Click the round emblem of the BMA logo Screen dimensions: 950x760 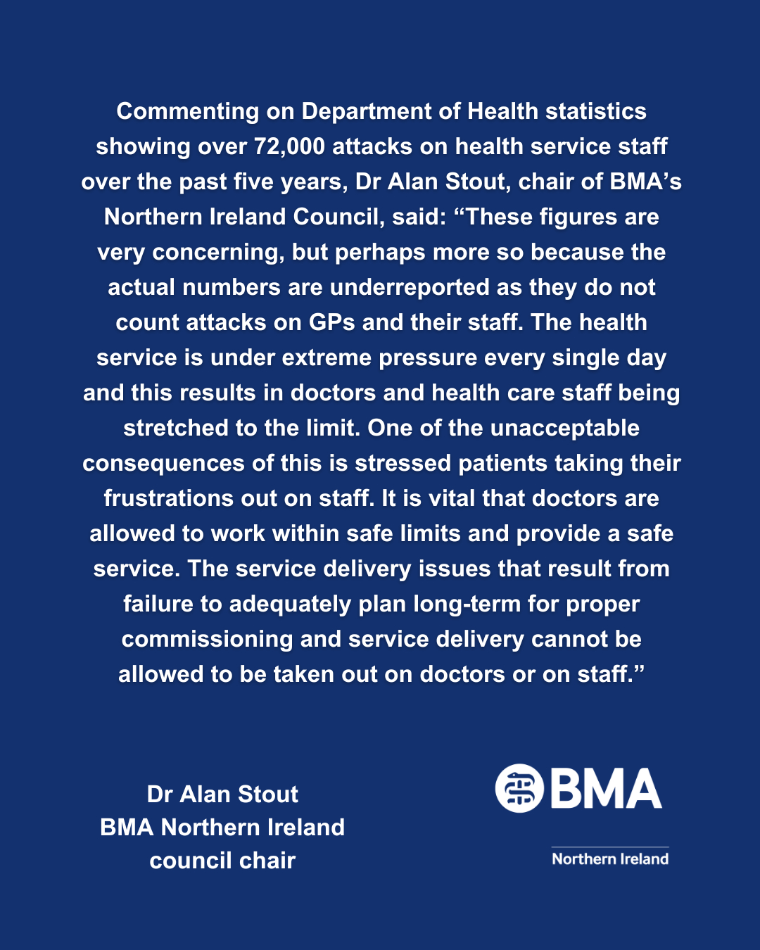[519, 788]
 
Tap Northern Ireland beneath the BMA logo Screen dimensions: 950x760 [610, 859]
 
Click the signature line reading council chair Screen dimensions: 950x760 [222, 860]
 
